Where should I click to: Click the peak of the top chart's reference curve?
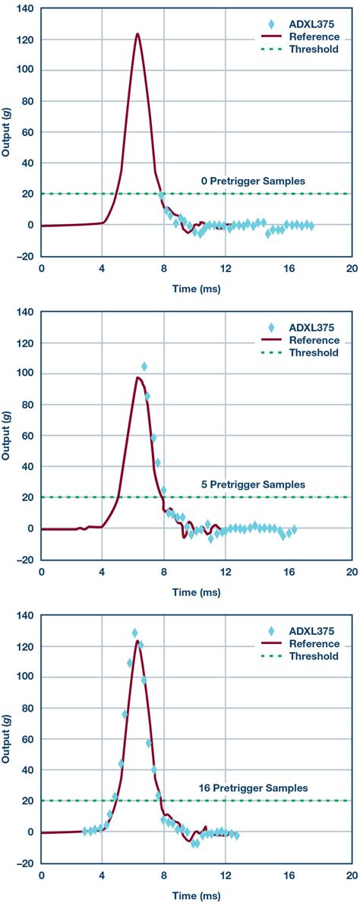point(137,34)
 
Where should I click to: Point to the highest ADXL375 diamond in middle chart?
point(144,367)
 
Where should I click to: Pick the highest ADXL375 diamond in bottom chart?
point(134,633)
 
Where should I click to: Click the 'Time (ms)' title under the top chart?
point(195,289)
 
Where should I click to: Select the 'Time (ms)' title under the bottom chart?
point(195,896)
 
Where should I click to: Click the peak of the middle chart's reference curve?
point(137,377)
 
